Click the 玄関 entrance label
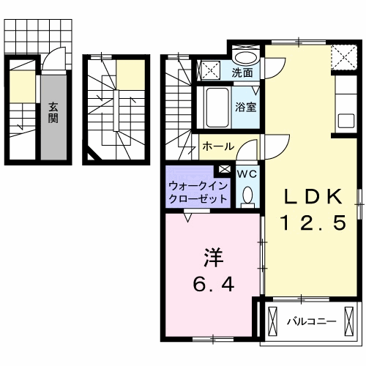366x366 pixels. [x=53, y=111]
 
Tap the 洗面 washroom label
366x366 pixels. [x=242, y=72]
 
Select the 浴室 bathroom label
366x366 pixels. [x=244, y=107]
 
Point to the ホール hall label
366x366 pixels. [x=218, y=146]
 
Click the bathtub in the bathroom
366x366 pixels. [x=216, y=106]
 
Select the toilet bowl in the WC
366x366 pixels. [x=247, y=194]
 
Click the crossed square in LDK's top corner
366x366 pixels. [x=340, y=56]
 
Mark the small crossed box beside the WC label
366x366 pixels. [x=224, y=169]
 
